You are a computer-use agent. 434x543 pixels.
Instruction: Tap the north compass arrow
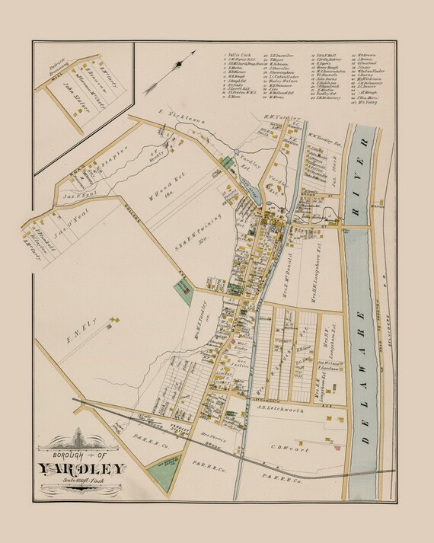click(x=180, y=62)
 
